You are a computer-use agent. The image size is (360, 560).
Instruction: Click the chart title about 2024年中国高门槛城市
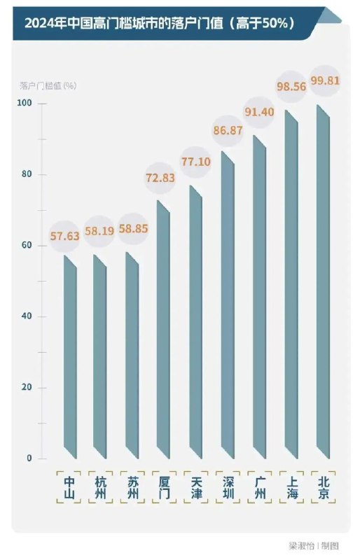coord(160,24)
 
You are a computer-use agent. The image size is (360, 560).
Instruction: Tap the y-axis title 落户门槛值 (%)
coord(48,85)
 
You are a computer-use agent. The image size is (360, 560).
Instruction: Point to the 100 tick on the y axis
coord(25,103)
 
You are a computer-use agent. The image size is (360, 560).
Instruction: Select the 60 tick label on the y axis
coord(27,245)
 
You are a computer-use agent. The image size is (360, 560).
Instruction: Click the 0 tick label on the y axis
coord(29,458)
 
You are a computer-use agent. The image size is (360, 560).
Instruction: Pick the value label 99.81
coord(324,80)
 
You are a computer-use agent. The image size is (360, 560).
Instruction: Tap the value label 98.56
coord(291,87)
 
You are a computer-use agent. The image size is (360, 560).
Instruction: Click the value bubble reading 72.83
coord(160,178)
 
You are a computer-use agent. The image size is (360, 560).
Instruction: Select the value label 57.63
coord(64,236)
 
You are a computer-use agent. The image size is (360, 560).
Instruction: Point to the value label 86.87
coord(228,130)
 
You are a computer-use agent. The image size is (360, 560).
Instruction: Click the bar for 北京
coord(323,282)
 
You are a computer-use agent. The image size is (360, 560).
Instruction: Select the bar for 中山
coord(70,357)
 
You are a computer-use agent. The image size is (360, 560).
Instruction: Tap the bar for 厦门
coord(163,330)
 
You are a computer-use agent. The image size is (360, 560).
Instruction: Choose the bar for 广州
coord(259,297)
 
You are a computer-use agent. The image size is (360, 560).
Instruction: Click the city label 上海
coord(292,488)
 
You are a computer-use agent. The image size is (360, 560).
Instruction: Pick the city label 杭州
coord(100,488)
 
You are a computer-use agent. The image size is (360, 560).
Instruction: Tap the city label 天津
coord(196,488)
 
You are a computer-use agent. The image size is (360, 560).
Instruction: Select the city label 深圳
coord(228,488)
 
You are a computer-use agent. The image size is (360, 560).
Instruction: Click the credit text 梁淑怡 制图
coord(314,546)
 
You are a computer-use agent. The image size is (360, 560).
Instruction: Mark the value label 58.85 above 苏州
coord(133,229)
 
